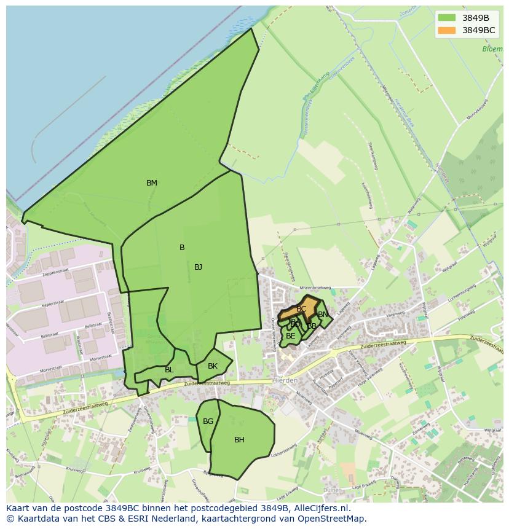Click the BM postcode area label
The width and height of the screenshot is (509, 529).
tap(152, 183)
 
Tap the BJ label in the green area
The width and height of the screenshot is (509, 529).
tap(198, 267)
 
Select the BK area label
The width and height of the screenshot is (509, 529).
tap(213, 366)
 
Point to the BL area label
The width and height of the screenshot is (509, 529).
tap(169, 370)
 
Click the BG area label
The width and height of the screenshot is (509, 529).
tap(208, 421)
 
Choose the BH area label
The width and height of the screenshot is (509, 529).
tap(239, 440)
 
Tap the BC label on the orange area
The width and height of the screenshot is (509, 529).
tap(301, 309)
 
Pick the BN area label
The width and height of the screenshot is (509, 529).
tap(323, 315)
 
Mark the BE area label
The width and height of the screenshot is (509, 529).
tap(291, 336)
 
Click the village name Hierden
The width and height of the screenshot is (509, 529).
tap(285, 381)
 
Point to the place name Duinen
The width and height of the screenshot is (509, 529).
tap(333, 490)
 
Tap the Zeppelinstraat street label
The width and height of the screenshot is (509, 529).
tap(52, 272)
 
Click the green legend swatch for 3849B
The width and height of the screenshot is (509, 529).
tap(447, 18)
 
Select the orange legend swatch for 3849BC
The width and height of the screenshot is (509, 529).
tap(447, 30)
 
